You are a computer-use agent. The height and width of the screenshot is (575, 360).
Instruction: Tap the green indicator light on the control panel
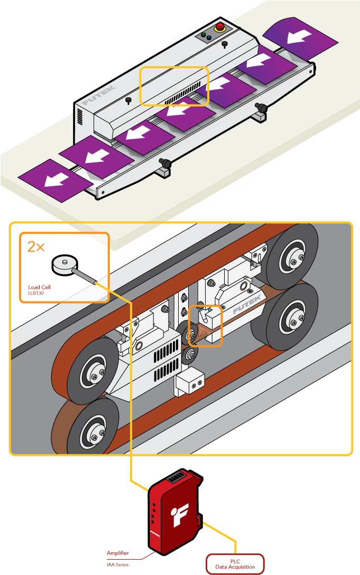click(x=204, y=35)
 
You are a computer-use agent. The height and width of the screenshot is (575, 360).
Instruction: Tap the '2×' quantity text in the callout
click(x=36, y=246)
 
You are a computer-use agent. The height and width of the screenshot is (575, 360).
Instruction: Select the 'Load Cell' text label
click(x=40, y=288)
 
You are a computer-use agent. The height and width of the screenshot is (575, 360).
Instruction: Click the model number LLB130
click(x=36, y=293)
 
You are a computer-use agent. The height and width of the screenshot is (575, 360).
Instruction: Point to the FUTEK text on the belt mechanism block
click(x=243, y=307)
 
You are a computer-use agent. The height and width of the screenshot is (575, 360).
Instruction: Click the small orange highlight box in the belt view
click(x=205, y=325)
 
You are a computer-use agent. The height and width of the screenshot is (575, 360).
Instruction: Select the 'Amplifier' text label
click(x=117, y=553)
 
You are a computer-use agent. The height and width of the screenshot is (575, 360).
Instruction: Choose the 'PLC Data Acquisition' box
click(x=235, y=564)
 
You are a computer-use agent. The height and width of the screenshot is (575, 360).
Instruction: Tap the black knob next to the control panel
click(x=225, y=44)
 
